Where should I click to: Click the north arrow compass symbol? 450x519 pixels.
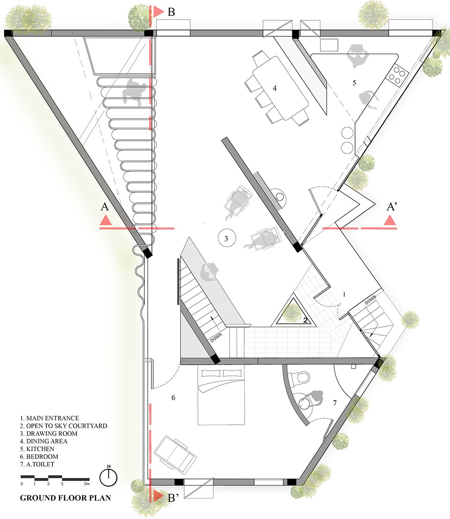pyautogui.click(x=108, y=477)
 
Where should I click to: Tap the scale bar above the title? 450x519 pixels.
pyautogui.click(x=55, y=478)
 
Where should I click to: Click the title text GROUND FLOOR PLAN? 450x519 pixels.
pyautogui.click(x=66, y=498)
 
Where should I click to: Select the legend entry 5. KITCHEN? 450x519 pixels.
pyautogui.click(x=37, y=449)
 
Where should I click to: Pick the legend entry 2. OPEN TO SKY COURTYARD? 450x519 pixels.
pyautogui.click(x=63, y=426)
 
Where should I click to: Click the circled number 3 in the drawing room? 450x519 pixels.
pyautogui.click(x=226, y=238)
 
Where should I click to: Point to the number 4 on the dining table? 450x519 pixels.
pyautogui.click(x=274, y=88)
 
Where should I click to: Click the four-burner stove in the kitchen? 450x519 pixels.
pyautogui.click(x=397, y=76)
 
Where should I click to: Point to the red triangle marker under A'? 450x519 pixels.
pyautogui.click(x=390, y=220)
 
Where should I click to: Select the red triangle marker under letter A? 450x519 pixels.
pyautogui.click(x=105, y=220)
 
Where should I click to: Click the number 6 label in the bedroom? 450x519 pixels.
pyautogui.click(x=173, y=397)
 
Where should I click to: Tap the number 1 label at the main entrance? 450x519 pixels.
pyautogui.click(x=344, y=294)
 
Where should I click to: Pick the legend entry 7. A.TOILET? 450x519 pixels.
pyautogui.click(x=37, y=464)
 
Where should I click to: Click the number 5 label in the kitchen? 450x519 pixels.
pyautogui.click(x=354, y=83)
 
